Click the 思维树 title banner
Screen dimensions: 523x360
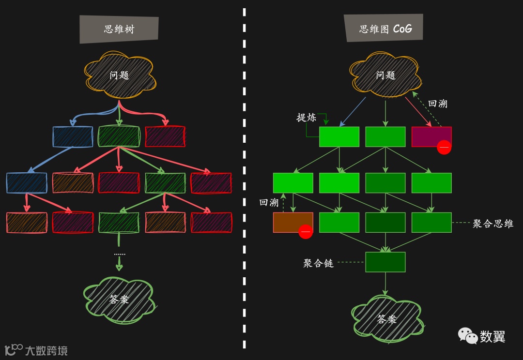[x=119, y=29]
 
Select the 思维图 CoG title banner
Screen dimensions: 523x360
[x=385, y=29]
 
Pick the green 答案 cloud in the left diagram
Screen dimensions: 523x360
[x=119, y=299]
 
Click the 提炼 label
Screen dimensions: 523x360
[x=306, y=118]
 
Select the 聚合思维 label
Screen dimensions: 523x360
[x=492, y=224]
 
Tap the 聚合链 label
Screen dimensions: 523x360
[x=318, y=263]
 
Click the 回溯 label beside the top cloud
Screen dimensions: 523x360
[x=438, y=104]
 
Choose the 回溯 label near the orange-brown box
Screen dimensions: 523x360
[x=269, y=202]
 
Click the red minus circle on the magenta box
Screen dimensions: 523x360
[x=444, y=147]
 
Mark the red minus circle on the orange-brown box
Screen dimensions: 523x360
[x=306, y=232]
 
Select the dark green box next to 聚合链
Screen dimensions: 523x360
[x=385, y=262]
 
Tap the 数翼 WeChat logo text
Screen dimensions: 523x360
[x=492, y=336]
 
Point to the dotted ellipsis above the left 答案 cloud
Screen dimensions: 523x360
[x=119, y=254]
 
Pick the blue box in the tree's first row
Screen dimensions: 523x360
[x=73, y=136]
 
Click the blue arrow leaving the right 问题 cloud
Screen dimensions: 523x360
[x=353, y=111]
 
